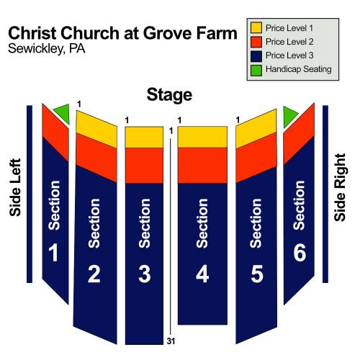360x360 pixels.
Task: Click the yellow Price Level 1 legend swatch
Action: (256, 27)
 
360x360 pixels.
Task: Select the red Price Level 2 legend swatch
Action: (256, 42)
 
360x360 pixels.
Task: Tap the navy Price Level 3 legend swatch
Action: (256, 55)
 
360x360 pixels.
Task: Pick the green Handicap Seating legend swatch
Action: (256, 70)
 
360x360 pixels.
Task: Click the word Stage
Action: (169, 95)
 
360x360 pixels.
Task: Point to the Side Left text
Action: (15, 187)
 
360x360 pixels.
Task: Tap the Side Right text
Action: (340, 187)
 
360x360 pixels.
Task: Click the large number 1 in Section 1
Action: (53, 252)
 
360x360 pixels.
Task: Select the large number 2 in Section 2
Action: (94, 274)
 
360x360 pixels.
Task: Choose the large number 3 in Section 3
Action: (145, 274)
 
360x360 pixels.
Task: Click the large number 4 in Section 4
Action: (202, 274)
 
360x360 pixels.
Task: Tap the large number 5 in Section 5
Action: (257, 274)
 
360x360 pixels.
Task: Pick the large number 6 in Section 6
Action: (300, 252)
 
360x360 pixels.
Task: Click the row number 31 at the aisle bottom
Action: (171, 341)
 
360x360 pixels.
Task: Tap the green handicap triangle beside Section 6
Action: (289, 116)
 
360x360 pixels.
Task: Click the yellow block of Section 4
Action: (202, 137)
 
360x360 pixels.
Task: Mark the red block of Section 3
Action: (144, 166)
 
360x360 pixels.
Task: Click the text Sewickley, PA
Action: (47, 49)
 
